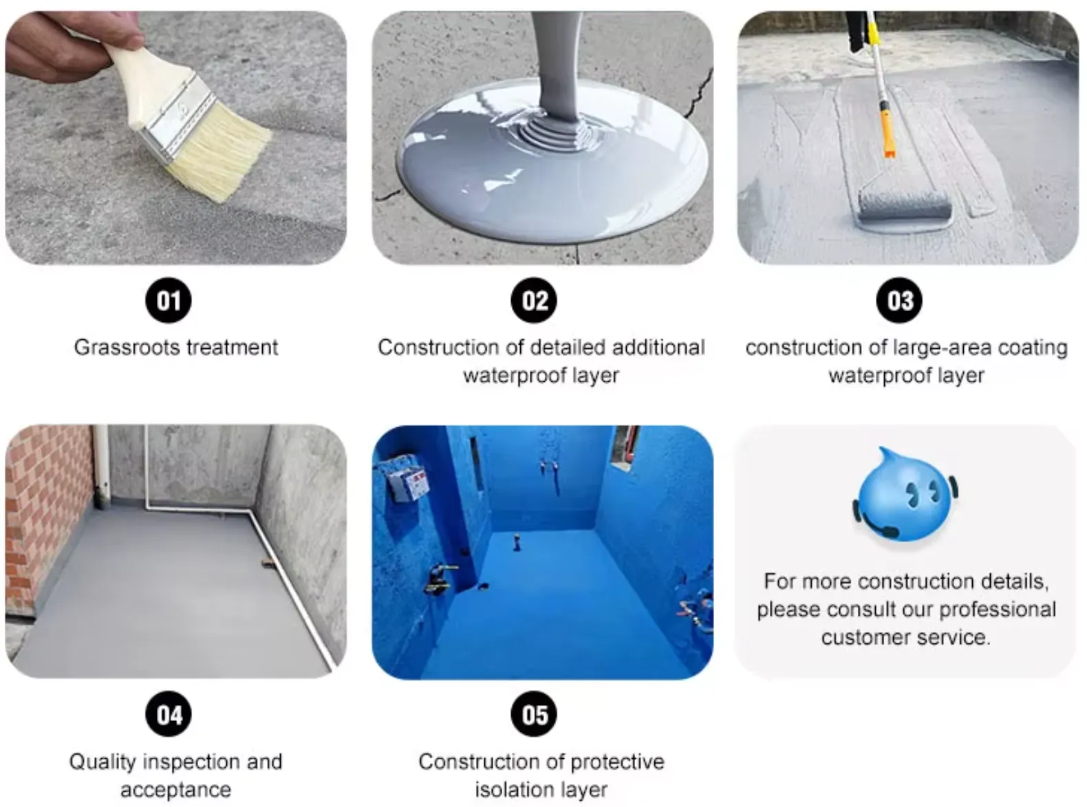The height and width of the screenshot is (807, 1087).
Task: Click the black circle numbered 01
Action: pos(168,300)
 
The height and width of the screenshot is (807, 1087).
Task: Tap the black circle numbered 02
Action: pos(534,300)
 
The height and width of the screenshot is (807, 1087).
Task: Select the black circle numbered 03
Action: pos(898,300)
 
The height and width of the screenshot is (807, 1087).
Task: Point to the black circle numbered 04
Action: pos(168,714)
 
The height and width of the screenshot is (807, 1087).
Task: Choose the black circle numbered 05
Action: pos(534,714)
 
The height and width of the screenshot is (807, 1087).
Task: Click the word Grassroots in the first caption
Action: pos(127,347)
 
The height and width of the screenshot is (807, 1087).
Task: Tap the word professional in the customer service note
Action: pos(998,610)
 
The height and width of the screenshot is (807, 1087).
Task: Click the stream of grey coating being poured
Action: pos(557,69)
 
